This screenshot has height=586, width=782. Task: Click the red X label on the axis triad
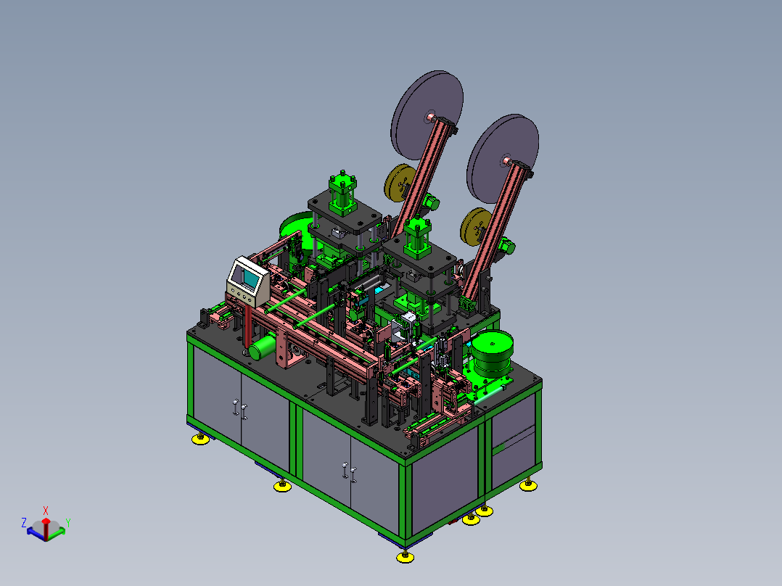tap(46, 511)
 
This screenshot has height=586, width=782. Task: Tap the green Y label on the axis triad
tap(68, 523)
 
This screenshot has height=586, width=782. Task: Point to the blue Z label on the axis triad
tap(23, 523)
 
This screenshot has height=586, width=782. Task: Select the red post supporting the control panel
tap(248, 326)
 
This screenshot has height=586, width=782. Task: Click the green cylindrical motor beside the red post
tap(263, 347)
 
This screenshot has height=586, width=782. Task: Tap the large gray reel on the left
tap(427, 115)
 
